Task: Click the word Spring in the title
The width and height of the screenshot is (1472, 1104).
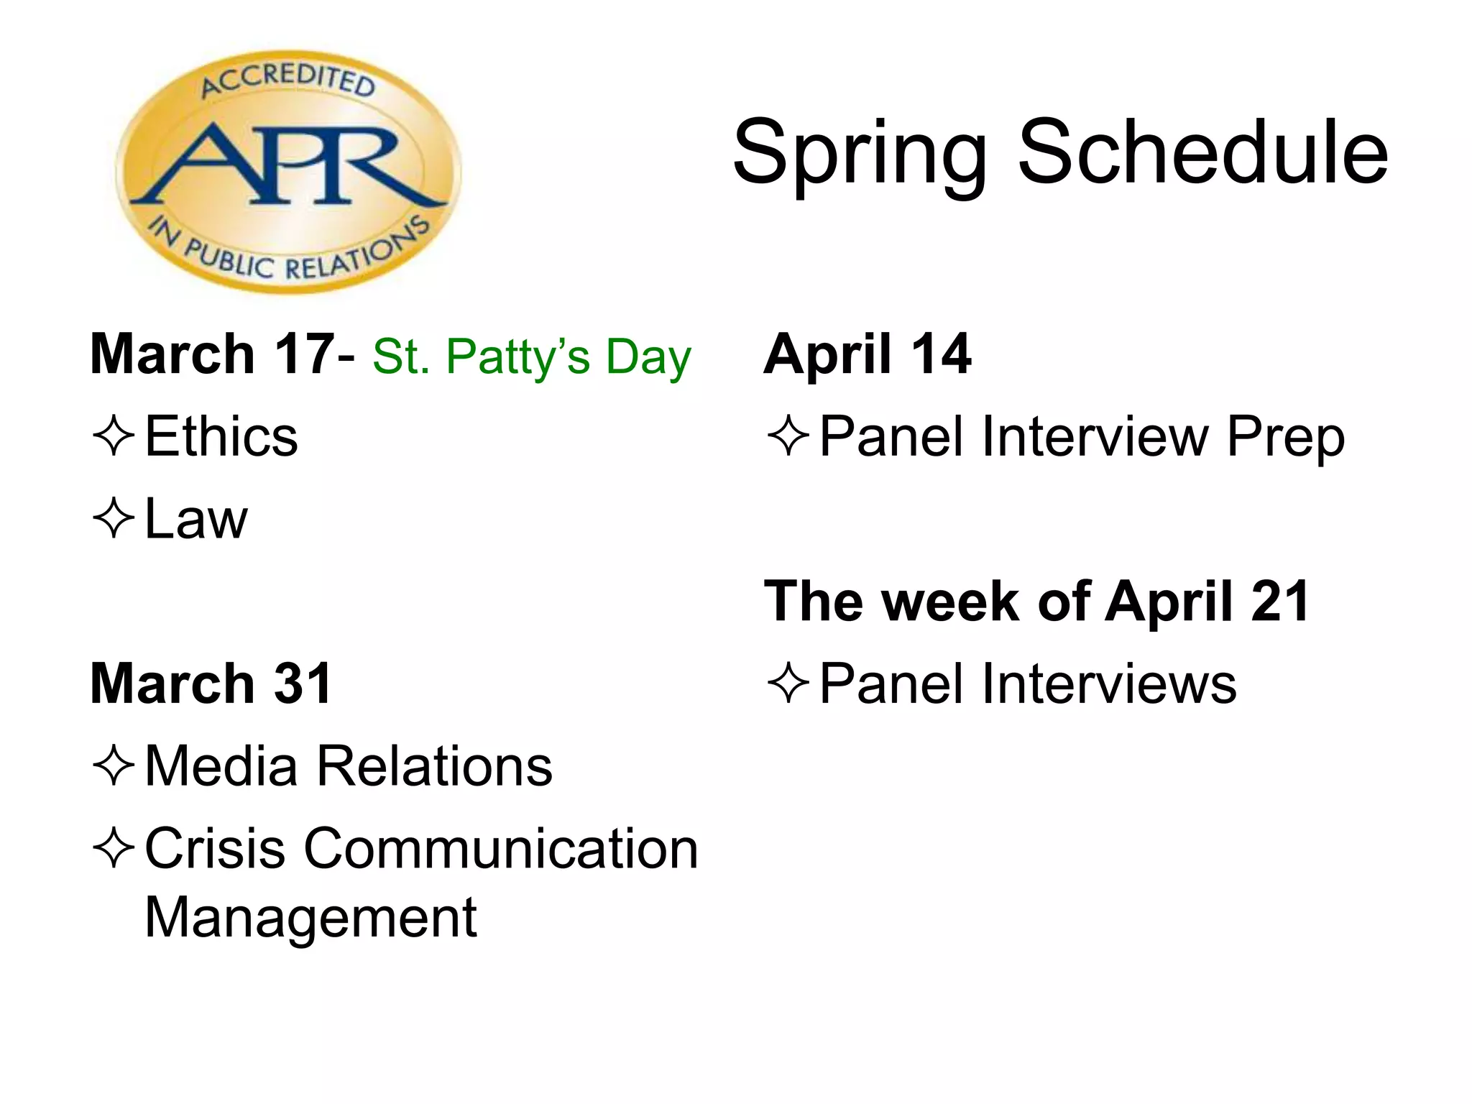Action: [x=859, y=155]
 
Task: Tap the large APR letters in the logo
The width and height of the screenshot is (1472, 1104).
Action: [x=287, y=165]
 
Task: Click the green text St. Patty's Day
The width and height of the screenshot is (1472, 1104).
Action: [x=531, y=356]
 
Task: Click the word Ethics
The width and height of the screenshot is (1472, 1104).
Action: [x=221, y=436]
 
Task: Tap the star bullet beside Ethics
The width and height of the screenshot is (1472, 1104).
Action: [x=114, y=436]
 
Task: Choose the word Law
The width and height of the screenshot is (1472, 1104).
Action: [x=195, y=518]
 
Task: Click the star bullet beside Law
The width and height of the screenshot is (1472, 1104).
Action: [x=114, y=518]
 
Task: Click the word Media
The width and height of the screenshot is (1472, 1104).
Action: [x=221, y=766]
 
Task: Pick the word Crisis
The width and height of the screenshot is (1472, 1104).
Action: [x=215, y=849]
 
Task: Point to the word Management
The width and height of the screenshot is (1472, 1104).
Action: [x=310, y=918]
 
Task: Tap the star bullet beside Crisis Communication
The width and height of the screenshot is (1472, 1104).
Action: [x=114, y=848]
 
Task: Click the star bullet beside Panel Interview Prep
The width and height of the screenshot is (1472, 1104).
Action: [x=788, y=436]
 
